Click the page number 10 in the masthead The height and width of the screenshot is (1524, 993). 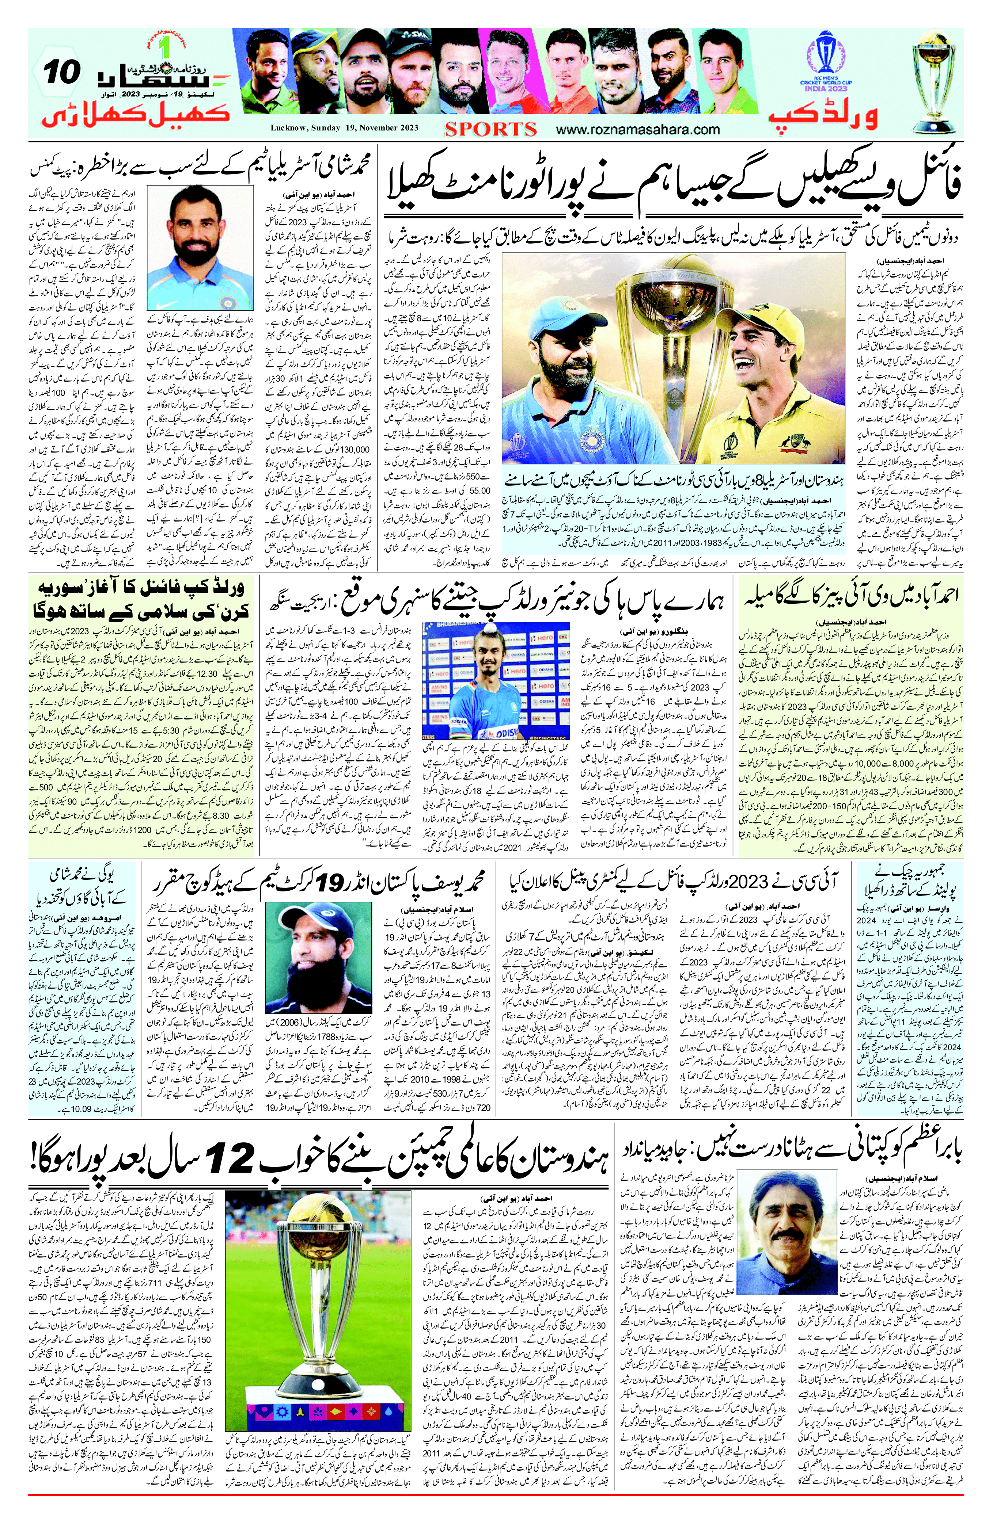[x=62, y=72]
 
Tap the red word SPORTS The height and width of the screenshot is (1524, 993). [x=491, y=129]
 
